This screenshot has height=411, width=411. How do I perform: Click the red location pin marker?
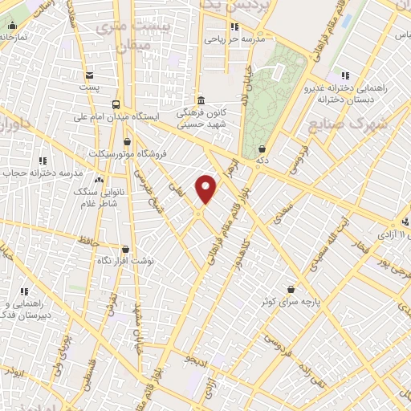(x=207, y=188)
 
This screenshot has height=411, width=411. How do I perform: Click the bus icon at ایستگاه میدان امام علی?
(x=117, y=104)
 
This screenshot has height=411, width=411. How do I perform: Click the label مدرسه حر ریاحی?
(x=233, y=38)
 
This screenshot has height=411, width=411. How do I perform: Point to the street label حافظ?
(x=88, y=239)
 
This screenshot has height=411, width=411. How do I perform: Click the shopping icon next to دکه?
(x=264, y=149)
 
